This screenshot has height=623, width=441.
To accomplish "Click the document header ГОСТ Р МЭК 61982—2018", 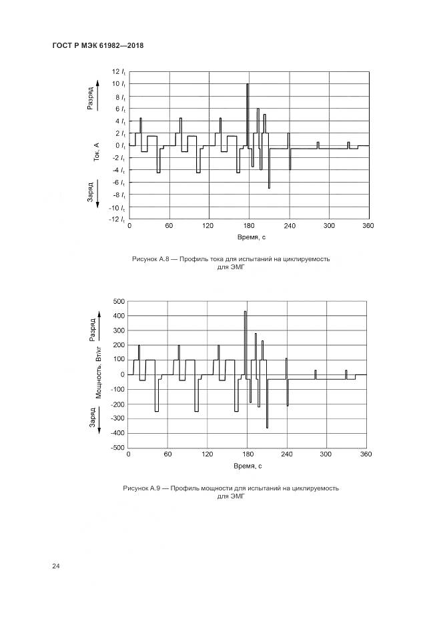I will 97,45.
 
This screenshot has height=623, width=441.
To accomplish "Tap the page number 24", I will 56,566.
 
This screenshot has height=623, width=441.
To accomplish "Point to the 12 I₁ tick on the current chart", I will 119,72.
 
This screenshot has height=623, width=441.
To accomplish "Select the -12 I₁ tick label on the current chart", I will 118,219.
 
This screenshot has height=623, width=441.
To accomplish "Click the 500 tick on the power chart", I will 118,301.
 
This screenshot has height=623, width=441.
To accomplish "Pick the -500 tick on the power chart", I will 117,448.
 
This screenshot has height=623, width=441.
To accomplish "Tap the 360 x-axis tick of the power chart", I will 366,454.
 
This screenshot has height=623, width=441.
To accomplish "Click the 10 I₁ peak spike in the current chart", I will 248,85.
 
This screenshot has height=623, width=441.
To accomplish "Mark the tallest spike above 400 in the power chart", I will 246,312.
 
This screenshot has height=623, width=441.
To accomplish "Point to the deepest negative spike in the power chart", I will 267,426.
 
